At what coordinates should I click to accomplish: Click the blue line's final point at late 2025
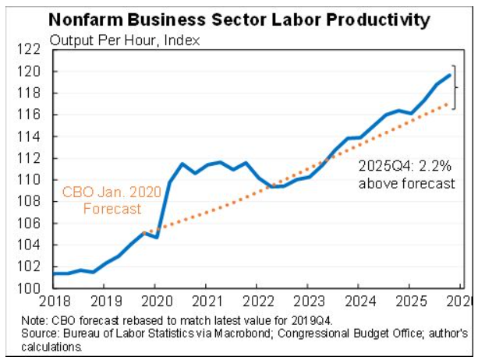point(449,75)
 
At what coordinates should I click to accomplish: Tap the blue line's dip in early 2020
point(158,236)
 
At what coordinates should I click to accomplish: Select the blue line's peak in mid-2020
point(182,164)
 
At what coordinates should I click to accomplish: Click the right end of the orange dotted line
point(449,104)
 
